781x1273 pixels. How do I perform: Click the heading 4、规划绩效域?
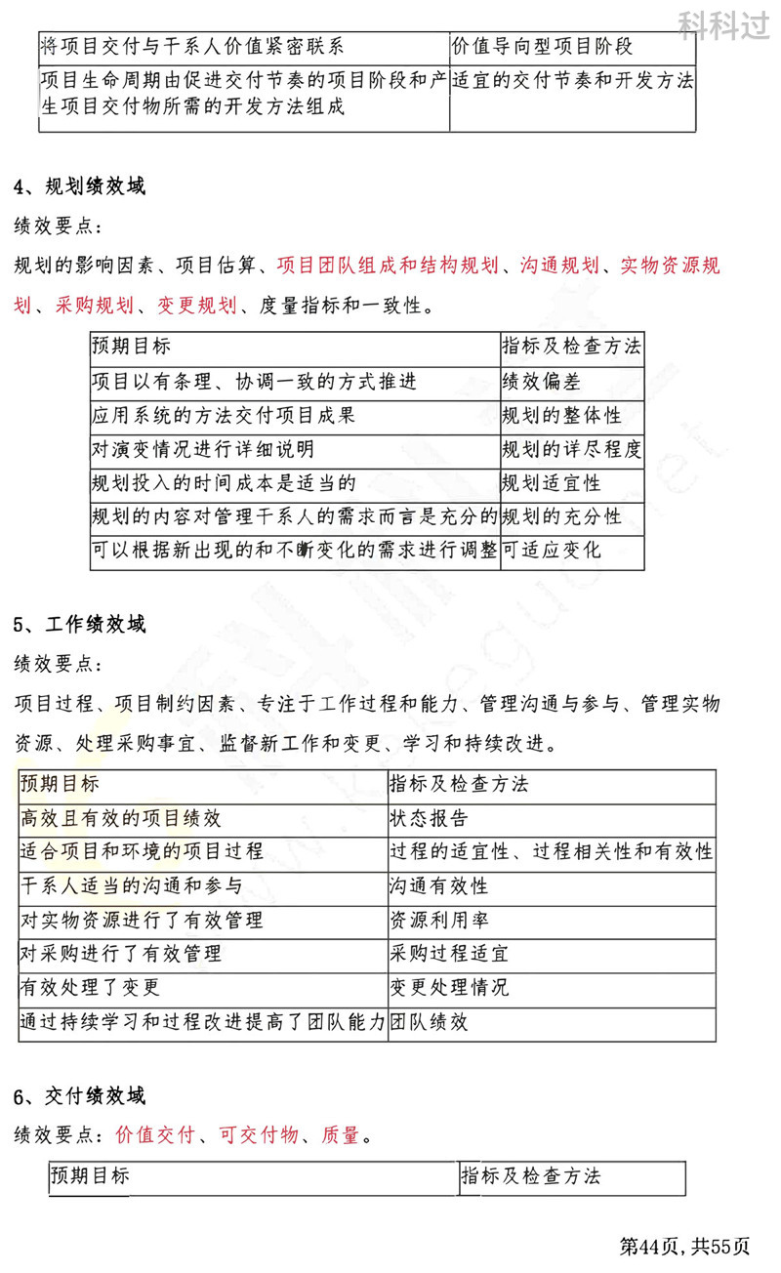tap(80, 186)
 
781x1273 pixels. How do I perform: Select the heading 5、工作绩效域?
tap(80, 624)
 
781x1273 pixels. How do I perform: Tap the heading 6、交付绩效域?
tap(80, 1096)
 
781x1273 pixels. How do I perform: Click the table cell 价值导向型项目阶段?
tap(542, 47)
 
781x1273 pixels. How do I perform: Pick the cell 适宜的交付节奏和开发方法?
tap(573, 82)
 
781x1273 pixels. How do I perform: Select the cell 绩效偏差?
tap(541, 382)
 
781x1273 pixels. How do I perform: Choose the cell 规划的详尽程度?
tap(571, 450)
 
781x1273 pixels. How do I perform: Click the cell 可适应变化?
tap(552, 552)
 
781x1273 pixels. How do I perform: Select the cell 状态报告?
tap(429, 818)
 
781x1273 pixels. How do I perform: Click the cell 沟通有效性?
tap(439, 886)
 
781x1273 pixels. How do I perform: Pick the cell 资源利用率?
tap(439, 921)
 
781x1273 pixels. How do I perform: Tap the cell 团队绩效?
tap(429, 1023)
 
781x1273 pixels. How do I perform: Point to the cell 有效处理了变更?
tap(90, 988)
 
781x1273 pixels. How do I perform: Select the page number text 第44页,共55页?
tap(686, 1246)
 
